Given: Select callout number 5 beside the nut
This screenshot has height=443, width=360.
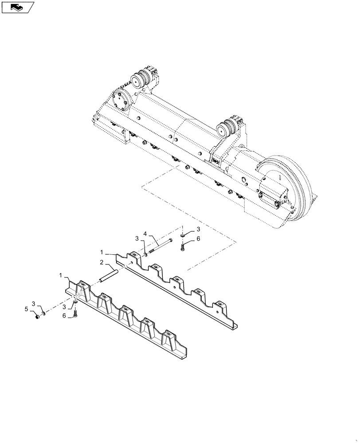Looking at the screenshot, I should pos(27,308).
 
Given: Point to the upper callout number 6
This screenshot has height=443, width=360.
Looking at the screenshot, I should pos(198,238).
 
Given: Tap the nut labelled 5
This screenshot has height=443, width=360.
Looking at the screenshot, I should pos(38,315).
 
